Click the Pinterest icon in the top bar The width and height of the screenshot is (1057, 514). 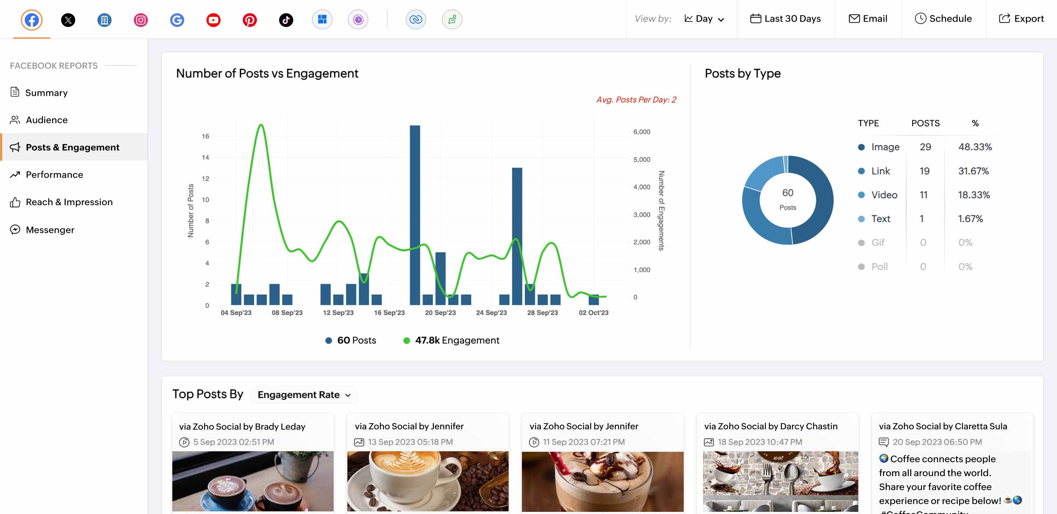coord(250,20)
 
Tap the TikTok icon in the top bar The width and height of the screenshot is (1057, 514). coord(286,20)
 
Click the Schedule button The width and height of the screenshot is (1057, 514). coord(943,19)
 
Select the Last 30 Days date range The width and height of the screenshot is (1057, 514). coord(785,19)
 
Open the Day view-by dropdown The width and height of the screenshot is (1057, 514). coord(704,19)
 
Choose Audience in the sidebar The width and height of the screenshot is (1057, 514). coord(46,120)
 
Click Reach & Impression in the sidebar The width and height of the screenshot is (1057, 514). coord(69,202)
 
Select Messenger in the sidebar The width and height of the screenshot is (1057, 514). coord(50,230)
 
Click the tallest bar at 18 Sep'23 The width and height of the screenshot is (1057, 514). coord(415,213)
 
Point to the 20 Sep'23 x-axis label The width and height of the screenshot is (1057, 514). coord(440,313)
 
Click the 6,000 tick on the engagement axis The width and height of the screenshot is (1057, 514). coord(641,132)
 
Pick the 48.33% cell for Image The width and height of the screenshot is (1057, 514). coord(975,147)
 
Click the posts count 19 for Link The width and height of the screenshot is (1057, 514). coord(925,171)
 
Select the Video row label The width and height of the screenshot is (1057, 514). coord(884,195)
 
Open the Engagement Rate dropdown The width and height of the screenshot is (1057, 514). coord(304,395)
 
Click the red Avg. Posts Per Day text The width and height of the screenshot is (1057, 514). coord(636,100)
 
